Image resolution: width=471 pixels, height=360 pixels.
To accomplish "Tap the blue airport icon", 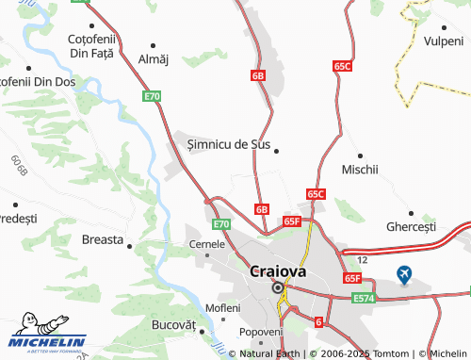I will point(404,275).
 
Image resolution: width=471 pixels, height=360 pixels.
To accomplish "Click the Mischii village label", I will point(360,170).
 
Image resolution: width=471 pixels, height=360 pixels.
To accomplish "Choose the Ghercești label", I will point(411,227).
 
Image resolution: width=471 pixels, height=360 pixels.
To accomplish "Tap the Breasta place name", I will point(103,239).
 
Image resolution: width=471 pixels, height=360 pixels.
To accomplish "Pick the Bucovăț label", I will point(172,324).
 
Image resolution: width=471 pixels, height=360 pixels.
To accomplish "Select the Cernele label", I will point(207,243).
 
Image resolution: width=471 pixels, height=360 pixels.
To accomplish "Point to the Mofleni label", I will point(223,308).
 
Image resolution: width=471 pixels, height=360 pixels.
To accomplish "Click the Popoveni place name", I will point(261,332).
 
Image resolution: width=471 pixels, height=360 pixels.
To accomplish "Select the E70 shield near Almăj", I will point(153,96).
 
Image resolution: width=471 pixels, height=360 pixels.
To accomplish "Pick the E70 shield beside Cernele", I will point(221,224).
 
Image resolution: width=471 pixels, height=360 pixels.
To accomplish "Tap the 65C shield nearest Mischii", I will point(316,193).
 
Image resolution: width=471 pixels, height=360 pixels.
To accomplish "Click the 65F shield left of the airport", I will point(352,279).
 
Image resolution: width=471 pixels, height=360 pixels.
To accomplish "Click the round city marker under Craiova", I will point(278,289).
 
